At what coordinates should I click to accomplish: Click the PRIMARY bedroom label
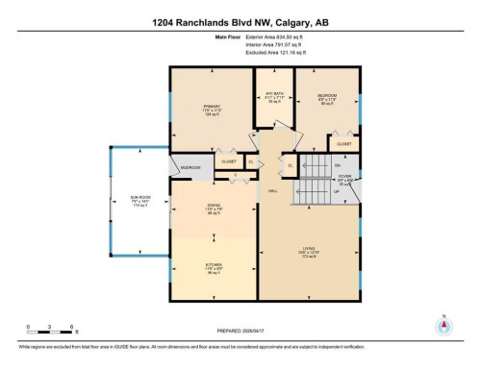pos(212,107)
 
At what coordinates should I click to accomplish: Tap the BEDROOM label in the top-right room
pos(326,95)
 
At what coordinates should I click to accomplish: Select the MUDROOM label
pos(190,166)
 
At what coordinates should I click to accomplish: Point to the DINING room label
pos(214,206)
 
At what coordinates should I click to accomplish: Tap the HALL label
pos(272,189)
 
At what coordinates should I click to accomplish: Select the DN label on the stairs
pos(338,165)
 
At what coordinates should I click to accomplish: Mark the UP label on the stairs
pos(336,191)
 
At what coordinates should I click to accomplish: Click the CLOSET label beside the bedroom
pos(343,143)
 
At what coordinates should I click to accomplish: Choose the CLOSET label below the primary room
pos(228,161)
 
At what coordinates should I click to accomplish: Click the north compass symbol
pos(443,325)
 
